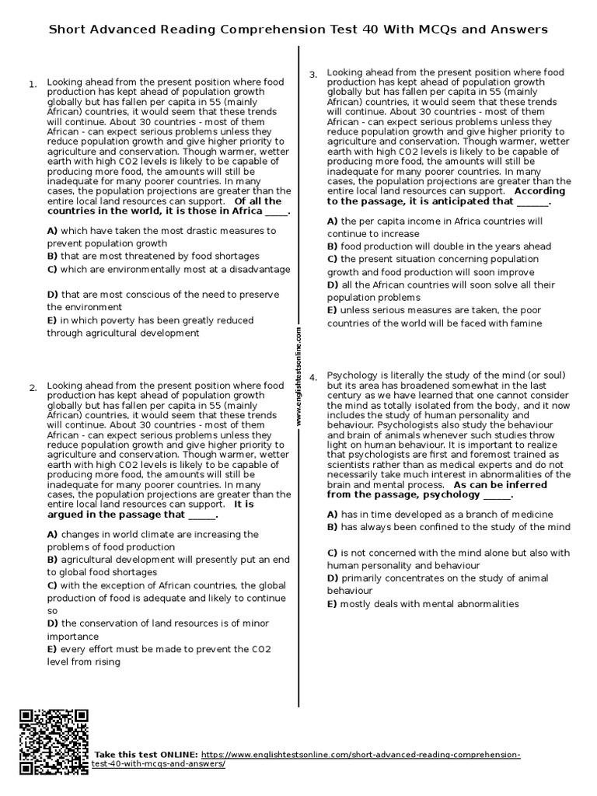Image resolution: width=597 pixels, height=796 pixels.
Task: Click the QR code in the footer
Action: point(54,742)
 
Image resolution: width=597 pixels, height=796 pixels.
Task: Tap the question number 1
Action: point(33,84)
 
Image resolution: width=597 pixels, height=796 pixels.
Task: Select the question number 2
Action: point(33,388)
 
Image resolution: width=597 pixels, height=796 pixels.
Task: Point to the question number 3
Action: point(313,75)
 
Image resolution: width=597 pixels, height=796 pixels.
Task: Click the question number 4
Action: point(313,377)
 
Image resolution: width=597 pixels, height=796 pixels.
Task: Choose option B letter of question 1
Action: point(52,256)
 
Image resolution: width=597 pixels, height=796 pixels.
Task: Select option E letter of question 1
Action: point(51,320)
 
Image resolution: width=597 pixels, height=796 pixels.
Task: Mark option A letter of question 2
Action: point(52,535)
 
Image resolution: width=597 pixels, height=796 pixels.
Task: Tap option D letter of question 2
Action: point(52,623)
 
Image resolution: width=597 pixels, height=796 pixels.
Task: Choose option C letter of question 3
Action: point(332,259)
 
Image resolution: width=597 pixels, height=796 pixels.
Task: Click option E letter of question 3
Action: point(331,310)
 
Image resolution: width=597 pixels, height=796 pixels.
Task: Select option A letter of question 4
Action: point(332,515)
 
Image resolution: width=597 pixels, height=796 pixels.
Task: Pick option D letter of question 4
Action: point(332,578)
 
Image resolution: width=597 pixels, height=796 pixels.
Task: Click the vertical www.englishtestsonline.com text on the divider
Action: point(298,376)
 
